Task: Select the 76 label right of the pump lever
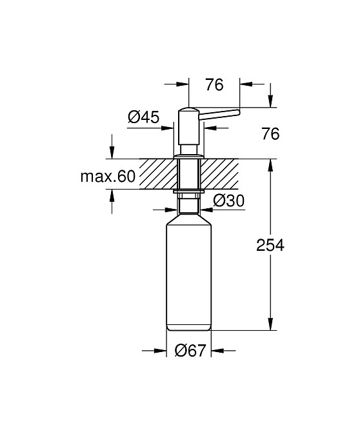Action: [x=270, y=134]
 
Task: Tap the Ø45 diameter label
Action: [x=143, y=117]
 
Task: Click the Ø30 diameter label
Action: [x=228, y=201]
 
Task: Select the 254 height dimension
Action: [x=270, y=245]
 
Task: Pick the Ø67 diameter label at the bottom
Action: [x=190, y=351]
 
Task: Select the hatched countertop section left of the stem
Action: [x=157, y=174]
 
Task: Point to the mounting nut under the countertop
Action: [x=189, y=191]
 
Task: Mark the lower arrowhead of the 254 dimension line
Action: [x=270, y=326]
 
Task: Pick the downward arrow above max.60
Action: [x=112, y=154]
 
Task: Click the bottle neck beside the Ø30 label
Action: [x=189, y=208]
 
